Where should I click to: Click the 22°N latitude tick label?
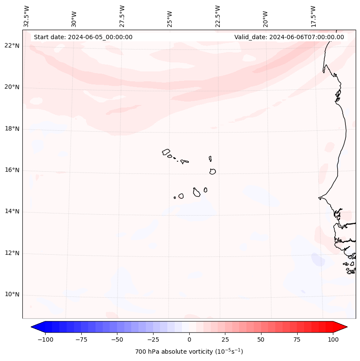(x=12, y=46)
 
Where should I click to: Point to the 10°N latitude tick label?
(x=12, y=295)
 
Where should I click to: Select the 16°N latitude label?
(x=12, y=170)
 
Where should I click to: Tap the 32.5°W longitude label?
(x=27, y=16)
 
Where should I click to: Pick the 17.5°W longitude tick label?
(x=313, y=16)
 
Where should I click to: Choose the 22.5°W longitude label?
(x=218, y=16)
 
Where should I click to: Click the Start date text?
(x=83, y=37)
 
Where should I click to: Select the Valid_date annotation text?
(x=289, y=37)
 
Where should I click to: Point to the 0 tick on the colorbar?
(x=189, y=339)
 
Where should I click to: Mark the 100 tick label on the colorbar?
(x=333, y=339)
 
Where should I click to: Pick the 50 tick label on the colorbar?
(x=261, y=339)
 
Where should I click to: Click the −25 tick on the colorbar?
(x=153, y=339)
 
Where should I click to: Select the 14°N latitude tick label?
(x=12, y=212)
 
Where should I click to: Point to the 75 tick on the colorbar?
(x=297, y=339)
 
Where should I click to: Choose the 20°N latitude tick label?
(x=12, y=87)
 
